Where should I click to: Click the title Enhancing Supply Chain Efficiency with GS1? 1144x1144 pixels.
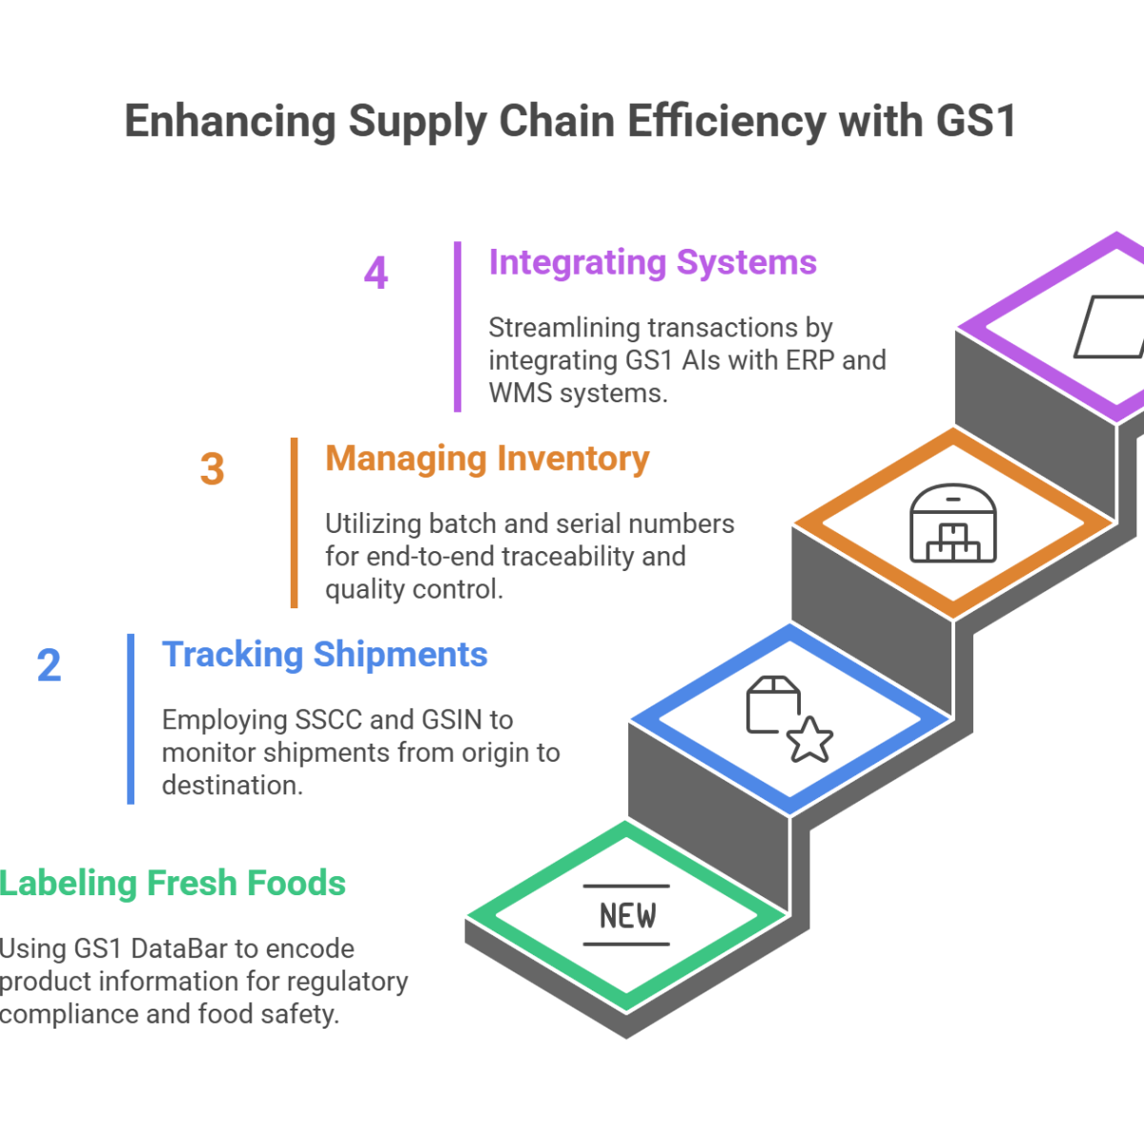pos(568,129)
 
